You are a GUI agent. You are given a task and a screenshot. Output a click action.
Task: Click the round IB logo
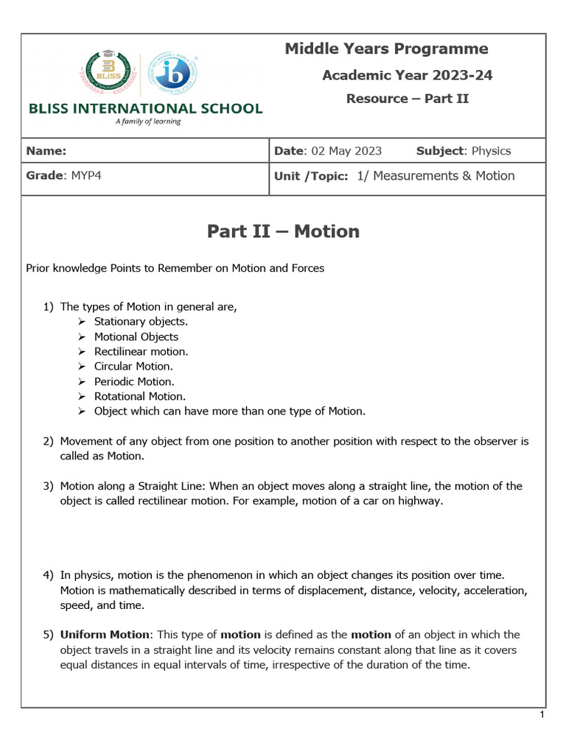[x=172, y=74]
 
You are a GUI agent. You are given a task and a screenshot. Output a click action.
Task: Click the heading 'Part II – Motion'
[x=283, y=231]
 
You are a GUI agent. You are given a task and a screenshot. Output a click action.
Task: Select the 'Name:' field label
[x=46, y=151]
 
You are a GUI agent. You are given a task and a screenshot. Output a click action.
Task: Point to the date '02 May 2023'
[x=346, y=151]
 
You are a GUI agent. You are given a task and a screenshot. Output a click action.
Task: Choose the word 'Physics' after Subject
[x=491, y=151]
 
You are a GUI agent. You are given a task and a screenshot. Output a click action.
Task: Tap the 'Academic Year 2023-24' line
[x=408, y=75]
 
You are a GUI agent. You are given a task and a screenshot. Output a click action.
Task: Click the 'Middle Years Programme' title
[x=386, y=49]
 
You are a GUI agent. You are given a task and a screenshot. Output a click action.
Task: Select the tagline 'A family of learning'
[x=147, y=121]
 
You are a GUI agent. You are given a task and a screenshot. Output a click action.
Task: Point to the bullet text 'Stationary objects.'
[x=141, y=322]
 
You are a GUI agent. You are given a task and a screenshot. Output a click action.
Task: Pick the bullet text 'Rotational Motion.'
[x=140, y=396]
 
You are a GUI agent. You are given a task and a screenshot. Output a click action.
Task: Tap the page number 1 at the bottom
[x=542, y=715]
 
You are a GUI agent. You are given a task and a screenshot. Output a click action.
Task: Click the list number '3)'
[x=48, y=486]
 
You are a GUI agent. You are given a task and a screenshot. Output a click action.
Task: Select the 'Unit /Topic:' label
[x=310, y=177]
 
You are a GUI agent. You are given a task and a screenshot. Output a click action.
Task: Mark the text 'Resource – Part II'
[x=408, y=99]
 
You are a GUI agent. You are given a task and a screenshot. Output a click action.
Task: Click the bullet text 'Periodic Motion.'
[x=134, y=381]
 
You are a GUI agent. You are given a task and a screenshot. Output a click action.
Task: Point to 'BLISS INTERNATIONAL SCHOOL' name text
[x=145, y=108]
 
